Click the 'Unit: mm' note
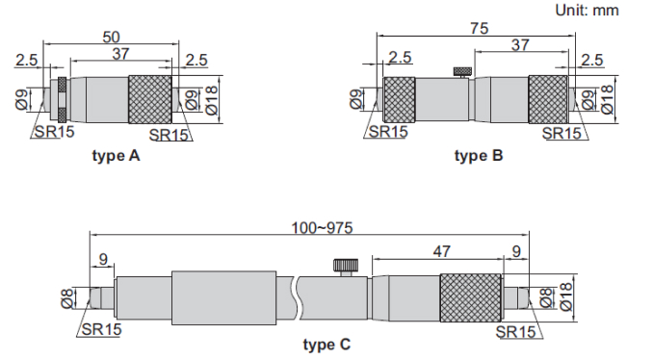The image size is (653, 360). (587, 10)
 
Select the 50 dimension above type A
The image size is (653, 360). (111, 38)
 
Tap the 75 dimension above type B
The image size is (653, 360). (479, 28)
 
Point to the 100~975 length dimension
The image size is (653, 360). (322, 228)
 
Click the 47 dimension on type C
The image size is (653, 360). (441, 251)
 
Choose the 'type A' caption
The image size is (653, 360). (116, 156)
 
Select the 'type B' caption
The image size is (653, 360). (479, 156)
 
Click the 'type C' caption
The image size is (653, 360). (326, 345)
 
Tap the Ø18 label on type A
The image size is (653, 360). (212, 100)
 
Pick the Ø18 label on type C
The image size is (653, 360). (566, 296)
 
